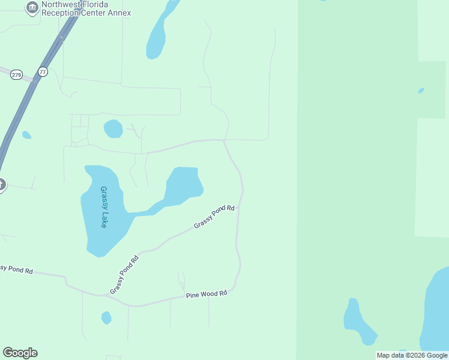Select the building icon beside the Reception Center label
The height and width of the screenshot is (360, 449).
click(32, 8)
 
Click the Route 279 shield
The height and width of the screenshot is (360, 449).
click(16, 74)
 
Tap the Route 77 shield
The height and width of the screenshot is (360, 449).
click(42, 71)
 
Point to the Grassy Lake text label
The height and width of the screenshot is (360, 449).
click(104, 207)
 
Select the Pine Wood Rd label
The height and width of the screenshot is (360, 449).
click(206, 294)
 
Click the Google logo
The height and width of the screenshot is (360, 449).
click(20, 353)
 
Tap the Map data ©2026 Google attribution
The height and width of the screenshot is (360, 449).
click(412, 355)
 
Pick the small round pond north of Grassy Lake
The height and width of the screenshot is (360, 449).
click(113, 128)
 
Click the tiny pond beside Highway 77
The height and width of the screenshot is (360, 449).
click(26, 135)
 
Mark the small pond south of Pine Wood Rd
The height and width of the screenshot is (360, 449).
click(106, 317)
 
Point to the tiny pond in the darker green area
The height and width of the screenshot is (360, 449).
click(421, 91)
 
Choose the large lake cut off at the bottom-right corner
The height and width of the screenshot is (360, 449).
click(437, 312)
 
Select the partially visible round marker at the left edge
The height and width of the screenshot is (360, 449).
click(2, 185)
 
